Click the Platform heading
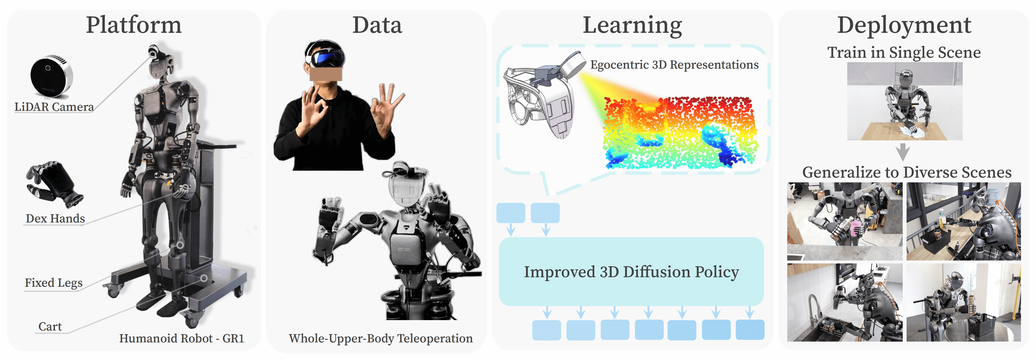[134, 25]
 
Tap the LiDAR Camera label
[54, 107]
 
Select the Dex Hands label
[55, 218]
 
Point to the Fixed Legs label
[54, 283]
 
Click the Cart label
[50, 327]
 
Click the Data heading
[377, 25]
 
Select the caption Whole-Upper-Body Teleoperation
[381, 339]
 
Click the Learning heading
[632, 26]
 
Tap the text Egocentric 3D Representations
[674, 65]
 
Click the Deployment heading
[904, 26]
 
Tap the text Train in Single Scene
[904, 53]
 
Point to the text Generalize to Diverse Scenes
[907, 172]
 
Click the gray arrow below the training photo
[903, 152]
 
